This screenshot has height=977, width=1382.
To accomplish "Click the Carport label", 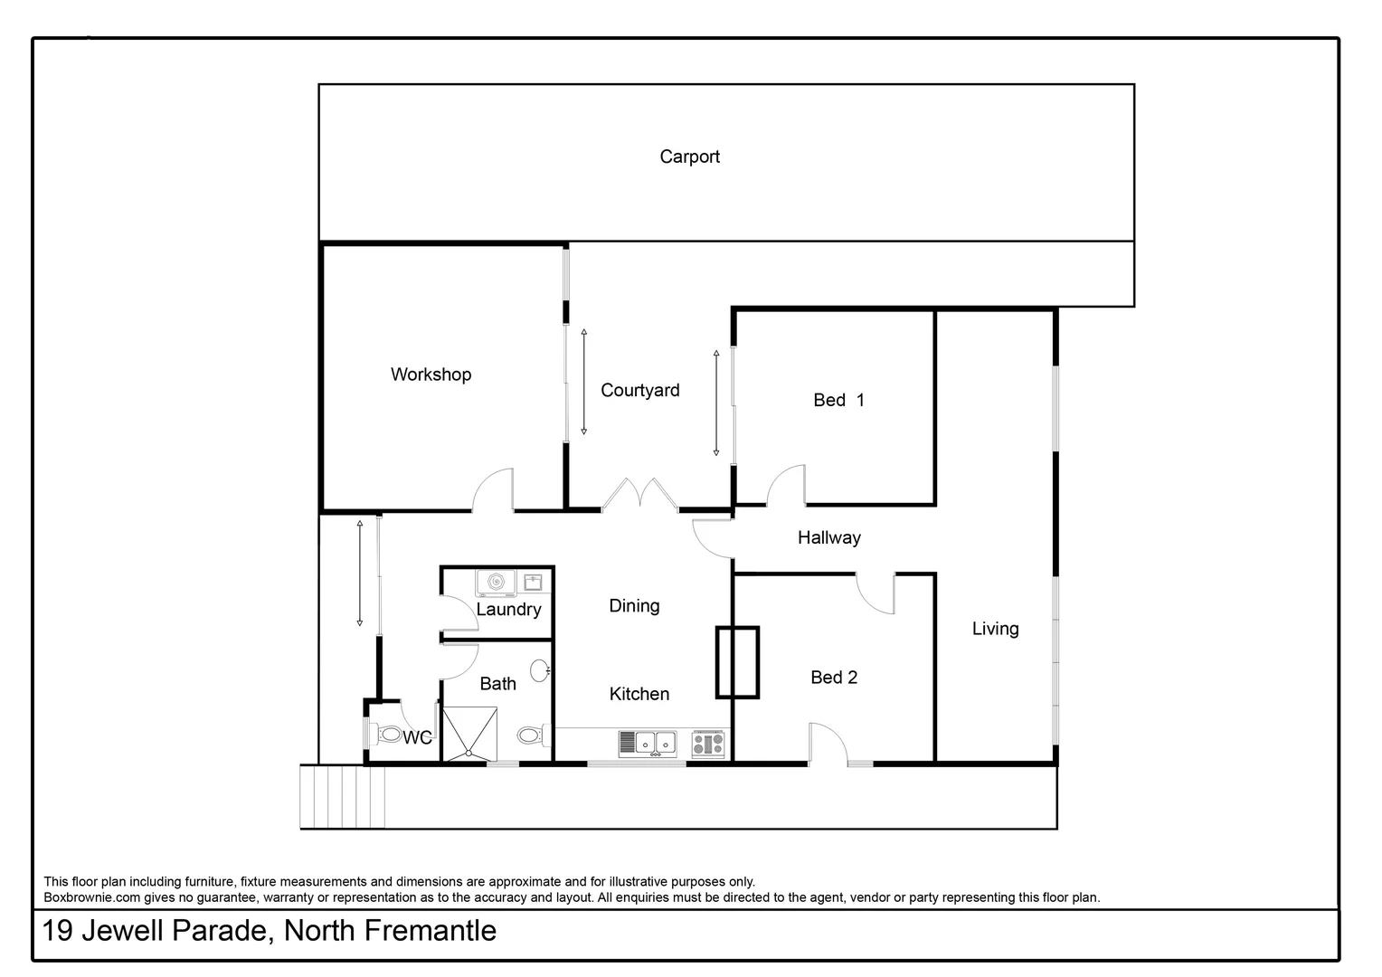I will (x=689, y=157).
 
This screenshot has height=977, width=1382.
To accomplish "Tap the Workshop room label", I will (x=431, y=375).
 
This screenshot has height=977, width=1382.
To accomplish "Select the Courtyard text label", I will (x=639, y=390).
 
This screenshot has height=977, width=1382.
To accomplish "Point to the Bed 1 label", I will (x=838, y=400).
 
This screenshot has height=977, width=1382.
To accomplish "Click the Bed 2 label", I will (x=833, y=677).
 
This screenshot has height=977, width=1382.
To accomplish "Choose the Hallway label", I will (x=828, y=537).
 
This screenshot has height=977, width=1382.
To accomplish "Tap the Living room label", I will (x=995, y=629).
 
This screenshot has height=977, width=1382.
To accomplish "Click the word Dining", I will (x=634, y=606).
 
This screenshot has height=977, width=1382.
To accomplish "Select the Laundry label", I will (x=508, y=610).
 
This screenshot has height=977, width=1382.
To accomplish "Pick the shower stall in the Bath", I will (x=469, y=734).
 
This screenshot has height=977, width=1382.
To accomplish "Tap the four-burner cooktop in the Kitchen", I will (x=708, y=744).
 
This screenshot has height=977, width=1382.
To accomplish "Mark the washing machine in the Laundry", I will (x=496, y=583).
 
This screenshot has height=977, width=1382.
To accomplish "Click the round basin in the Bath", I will (x=539, y=670).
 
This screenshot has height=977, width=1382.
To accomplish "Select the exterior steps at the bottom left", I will (x=343, y=796).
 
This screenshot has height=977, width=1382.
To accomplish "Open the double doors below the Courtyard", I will (x=639, y=497).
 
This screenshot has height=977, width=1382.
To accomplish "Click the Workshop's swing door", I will (x=494, y=491).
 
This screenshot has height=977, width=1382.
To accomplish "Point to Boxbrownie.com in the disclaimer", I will (x=92, y=897).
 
